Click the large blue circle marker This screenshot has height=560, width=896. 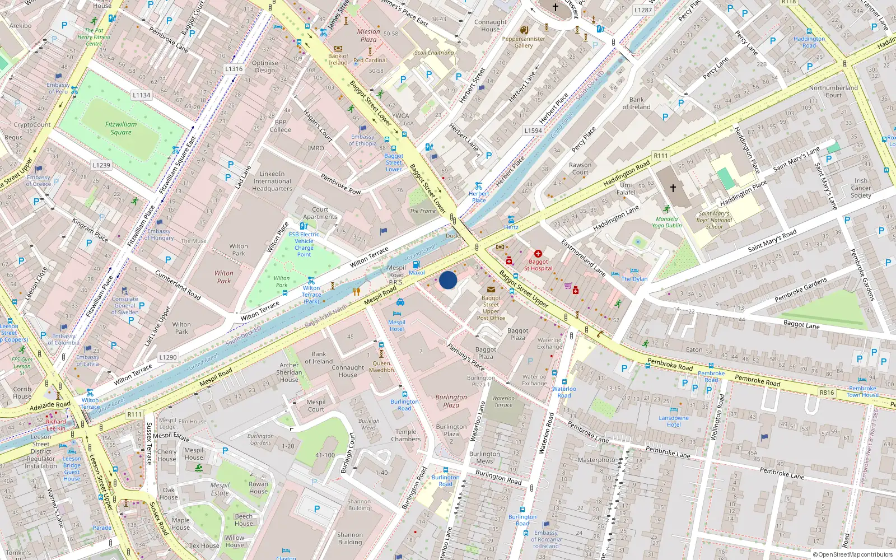448,280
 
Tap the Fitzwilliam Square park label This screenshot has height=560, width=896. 121,128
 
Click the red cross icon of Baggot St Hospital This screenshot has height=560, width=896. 538,254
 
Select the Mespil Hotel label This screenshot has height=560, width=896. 396,325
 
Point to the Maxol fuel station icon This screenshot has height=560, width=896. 416,264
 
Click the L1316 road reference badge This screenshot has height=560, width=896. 234,69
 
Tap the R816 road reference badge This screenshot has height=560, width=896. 827,393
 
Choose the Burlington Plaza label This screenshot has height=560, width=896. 451,401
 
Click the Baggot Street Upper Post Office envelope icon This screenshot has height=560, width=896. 491,290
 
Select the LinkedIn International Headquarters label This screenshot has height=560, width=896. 272,181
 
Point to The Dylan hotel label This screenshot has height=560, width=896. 634,279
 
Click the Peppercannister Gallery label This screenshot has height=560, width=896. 524,42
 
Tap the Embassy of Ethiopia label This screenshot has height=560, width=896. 363,140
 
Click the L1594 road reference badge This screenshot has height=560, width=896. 533,130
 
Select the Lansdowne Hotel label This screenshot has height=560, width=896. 674,421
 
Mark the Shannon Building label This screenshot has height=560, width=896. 350,538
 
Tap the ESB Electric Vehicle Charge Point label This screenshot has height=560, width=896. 304,244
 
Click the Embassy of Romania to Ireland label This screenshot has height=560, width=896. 546,539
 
